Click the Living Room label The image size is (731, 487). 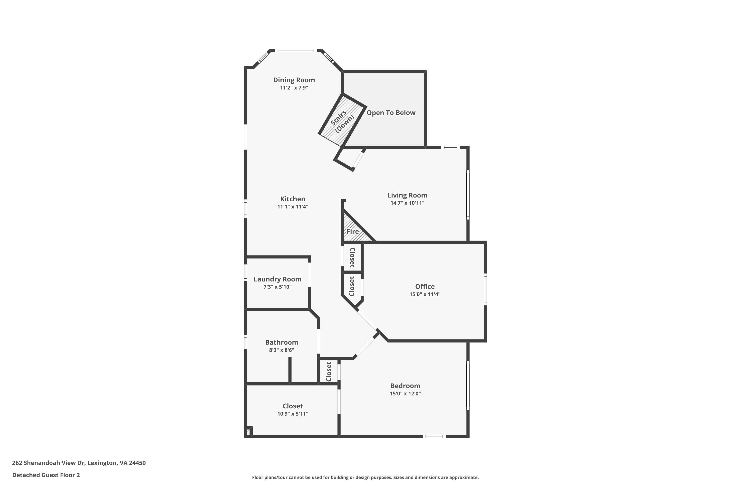(407, 195)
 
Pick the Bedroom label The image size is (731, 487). (405, 386)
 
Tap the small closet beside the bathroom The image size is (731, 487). (328, 372)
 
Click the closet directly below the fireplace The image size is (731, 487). (352, 257)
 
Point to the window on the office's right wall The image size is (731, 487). (485, 290)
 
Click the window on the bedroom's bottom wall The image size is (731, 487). (434, 437)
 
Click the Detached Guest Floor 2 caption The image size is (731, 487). (46, 475)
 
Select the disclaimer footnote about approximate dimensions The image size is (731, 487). (365, 477)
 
